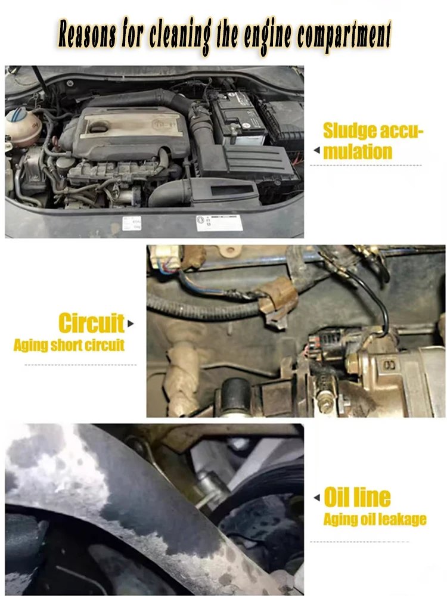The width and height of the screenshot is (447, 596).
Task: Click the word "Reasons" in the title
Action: [x=87, y=34]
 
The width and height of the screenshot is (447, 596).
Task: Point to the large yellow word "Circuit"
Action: [x=91, y=323]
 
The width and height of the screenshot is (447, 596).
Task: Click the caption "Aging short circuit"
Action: [x=69, y=345]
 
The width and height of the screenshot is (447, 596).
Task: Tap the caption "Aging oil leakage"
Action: [x=375, y=519]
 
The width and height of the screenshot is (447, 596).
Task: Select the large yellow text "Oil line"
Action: [x=357, y=497]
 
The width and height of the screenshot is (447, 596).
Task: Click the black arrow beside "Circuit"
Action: [x=131, y=324]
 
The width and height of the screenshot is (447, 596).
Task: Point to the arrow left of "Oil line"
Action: [x=317, y=498]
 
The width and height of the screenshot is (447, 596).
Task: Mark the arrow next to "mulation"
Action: [x=316, y=151]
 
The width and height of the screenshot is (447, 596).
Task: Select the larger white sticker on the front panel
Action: [x=219, y=223]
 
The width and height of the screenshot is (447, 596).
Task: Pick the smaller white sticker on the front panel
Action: [x=132, y=223]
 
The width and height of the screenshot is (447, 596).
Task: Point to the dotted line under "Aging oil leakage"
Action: [x=359, y=542]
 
